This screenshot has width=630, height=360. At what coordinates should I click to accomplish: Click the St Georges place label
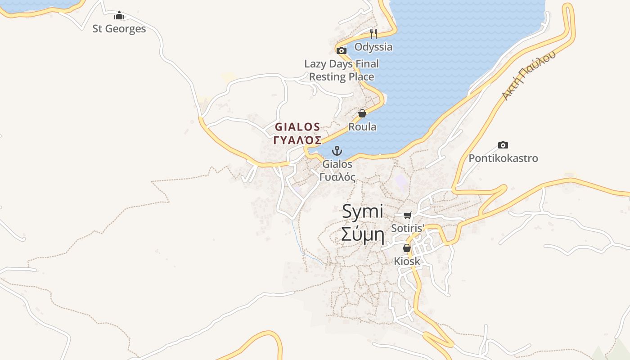119,29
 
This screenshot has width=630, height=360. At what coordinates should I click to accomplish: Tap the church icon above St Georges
119,16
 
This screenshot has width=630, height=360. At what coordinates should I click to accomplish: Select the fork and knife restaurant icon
373,34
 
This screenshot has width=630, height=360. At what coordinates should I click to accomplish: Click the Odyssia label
373,47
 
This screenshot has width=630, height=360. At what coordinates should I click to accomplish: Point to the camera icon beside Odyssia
342,50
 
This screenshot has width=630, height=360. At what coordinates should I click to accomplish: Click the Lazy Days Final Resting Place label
342,70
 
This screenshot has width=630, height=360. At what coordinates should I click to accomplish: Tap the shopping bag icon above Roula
362,113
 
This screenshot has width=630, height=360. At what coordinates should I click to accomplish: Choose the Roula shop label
362,127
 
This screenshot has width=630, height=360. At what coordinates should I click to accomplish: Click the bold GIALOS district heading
297,127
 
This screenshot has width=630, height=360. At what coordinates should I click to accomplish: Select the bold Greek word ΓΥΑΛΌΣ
297,139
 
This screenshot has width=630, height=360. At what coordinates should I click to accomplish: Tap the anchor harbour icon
337,151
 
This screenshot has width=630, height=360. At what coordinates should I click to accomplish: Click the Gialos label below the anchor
337,164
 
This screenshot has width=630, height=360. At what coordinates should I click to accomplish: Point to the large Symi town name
362,211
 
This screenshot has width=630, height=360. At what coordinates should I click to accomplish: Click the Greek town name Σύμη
362,234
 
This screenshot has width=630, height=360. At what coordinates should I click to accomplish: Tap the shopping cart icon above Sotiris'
407,215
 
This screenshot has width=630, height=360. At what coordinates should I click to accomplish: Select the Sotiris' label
408,228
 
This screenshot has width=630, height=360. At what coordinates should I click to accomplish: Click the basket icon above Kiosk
407,248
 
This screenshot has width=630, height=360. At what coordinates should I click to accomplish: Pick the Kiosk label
407,261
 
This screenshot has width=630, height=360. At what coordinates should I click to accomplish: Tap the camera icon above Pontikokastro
503,145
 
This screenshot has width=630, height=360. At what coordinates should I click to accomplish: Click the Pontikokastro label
503,158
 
